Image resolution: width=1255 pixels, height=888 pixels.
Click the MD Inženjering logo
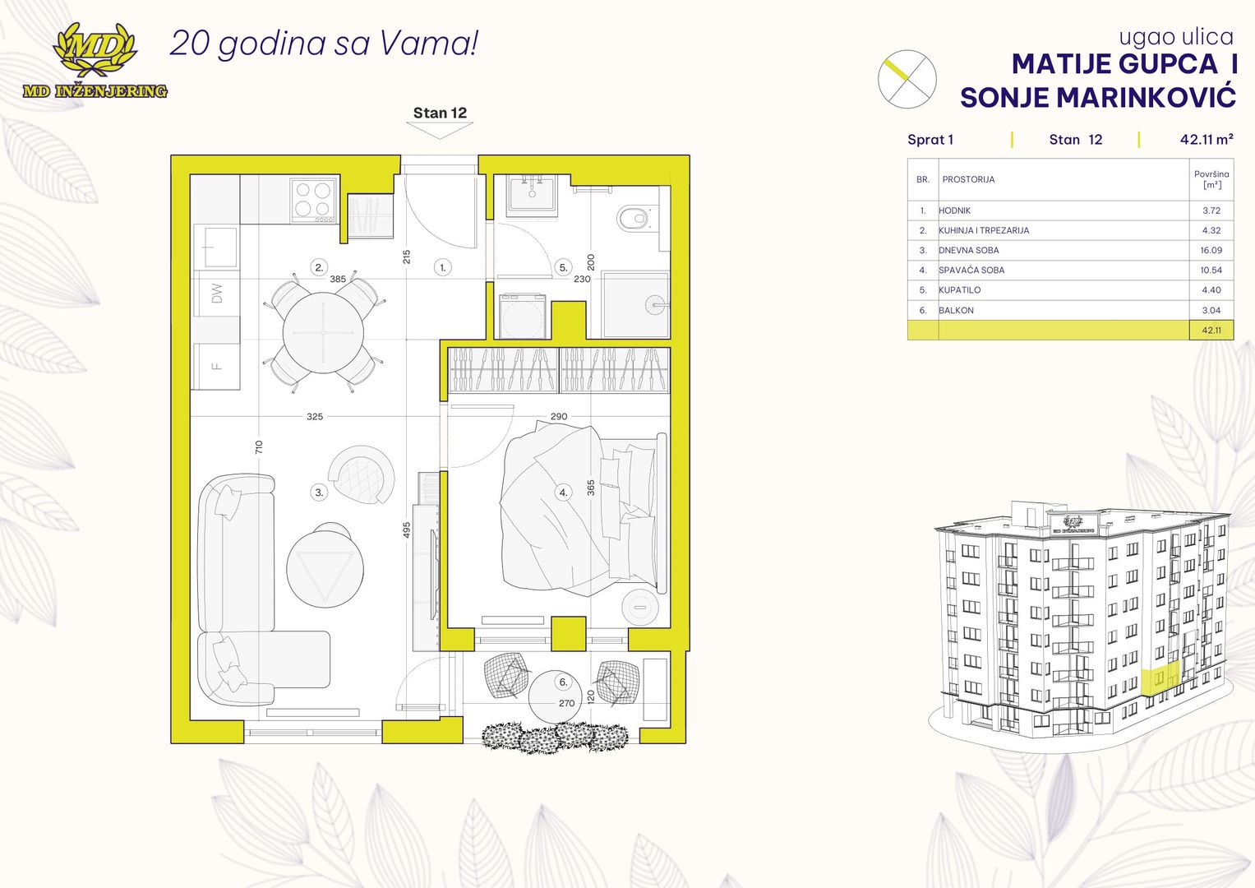[95, 61]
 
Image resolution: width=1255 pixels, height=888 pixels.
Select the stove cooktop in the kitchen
[314, 200]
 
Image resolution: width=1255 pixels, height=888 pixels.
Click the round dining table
[323, 332]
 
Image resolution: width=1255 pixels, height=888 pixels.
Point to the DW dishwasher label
[217, 294]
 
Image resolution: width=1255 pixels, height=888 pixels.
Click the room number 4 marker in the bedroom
[563, 493]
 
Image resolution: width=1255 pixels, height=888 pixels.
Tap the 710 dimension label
[258, 446]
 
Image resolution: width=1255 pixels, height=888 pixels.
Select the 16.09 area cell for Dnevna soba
[1211, 250]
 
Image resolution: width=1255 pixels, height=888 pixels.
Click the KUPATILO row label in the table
[960, 289]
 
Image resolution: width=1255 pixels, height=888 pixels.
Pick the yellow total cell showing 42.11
[1211, 331]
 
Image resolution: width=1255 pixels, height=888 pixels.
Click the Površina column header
[1211, 179]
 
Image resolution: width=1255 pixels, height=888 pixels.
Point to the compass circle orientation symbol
[907, 79]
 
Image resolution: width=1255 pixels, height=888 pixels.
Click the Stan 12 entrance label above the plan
[440, 113]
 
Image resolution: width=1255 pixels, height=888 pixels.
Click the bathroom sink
[532, 196]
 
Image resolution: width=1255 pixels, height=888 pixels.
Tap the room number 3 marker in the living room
[319, 493]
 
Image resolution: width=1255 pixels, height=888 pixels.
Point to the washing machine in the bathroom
[522, 317]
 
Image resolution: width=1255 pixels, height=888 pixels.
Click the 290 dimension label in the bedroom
[559, 417]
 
